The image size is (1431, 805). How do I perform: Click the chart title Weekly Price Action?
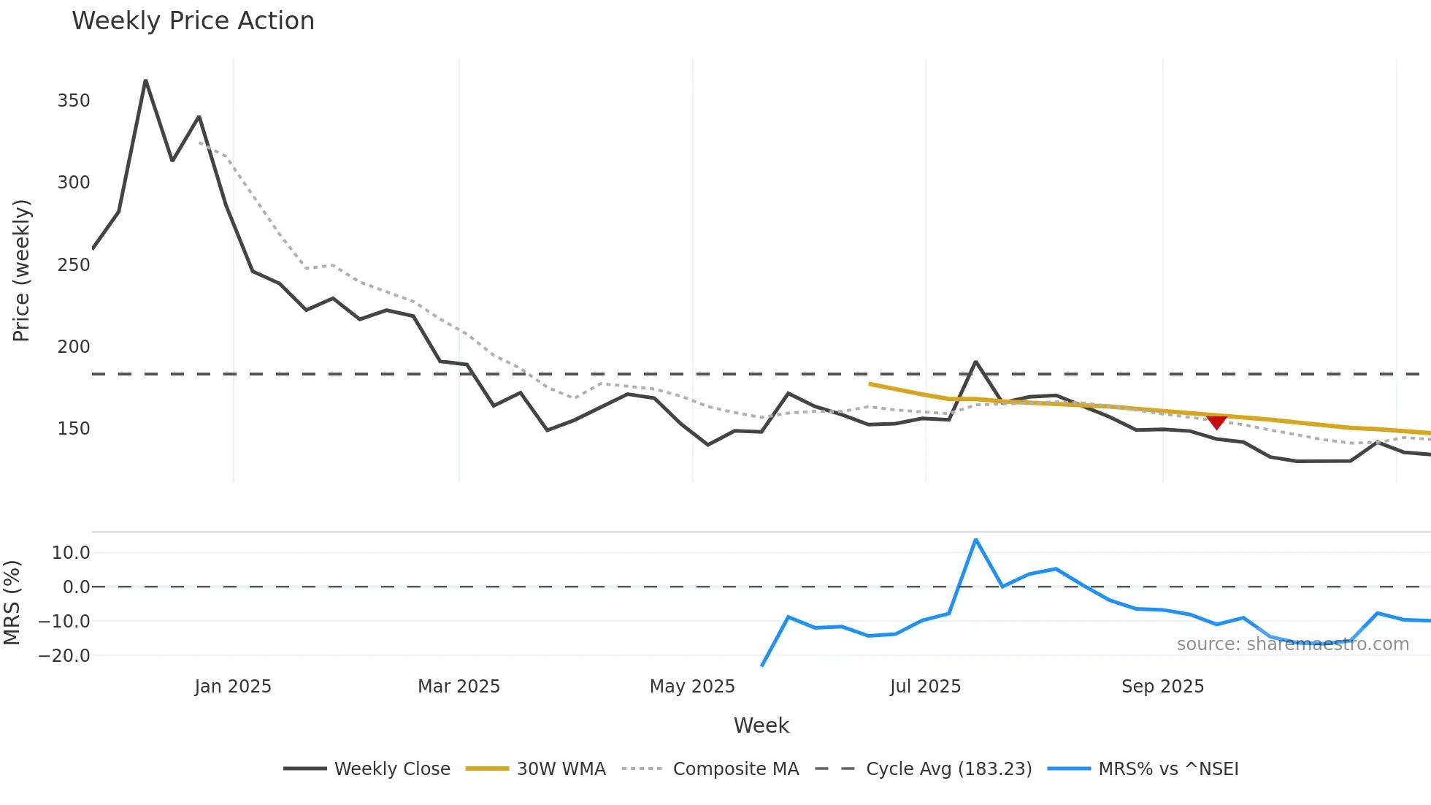coord(193,21)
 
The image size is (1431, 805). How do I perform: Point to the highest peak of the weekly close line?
coord(145,80)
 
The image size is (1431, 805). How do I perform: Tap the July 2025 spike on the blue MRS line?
coord(975,540)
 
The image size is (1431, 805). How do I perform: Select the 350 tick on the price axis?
coord(74,101)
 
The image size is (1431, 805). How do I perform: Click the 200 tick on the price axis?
coord(74,347)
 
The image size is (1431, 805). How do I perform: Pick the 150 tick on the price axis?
coord(74,429)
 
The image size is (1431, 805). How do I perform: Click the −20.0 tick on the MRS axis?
coord(64,656)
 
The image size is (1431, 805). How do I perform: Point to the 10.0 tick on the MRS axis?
coord(71,553)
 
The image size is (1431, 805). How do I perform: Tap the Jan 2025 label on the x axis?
coord(233,687)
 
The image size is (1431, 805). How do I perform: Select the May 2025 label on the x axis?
coord(692,687)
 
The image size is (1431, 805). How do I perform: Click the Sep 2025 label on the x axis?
coord(1162,687)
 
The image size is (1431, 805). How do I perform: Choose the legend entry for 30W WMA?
coord(561,769)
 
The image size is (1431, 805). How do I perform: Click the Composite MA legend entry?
coord(735,769)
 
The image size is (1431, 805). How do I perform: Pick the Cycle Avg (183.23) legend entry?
coord(948,769)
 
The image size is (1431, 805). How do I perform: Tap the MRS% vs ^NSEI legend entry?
coord(1168,769)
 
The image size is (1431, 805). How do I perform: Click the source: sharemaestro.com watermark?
coord(1292,644)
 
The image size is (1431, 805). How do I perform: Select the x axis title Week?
coord(761,725)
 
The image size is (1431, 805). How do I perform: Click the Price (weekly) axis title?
coord(21,270)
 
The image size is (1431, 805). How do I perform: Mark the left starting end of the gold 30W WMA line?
coord(870,384)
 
